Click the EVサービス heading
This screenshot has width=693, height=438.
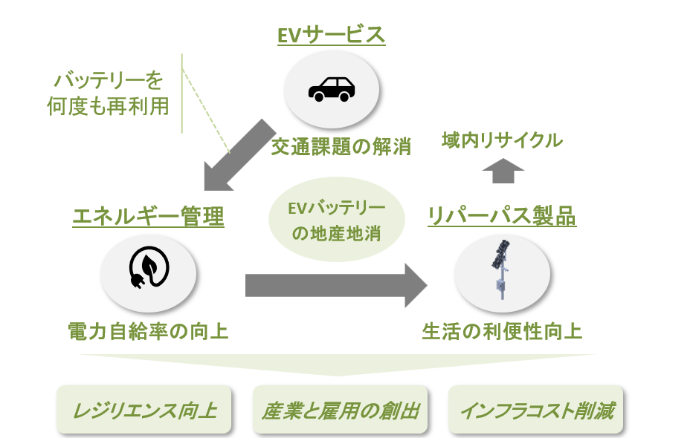331,35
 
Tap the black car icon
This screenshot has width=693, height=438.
332,89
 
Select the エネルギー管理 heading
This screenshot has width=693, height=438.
149,217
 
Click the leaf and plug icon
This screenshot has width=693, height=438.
149,267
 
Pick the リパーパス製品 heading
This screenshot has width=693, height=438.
502,216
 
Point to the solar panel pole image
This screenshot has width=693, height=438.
501,269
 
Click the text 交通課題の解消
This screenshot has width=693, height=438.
341,146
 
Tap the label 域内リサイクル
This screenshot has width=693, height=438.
503,140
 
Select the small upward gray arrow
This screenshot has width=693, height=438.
503,171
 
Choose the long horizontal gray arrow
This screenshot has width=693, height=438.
336,285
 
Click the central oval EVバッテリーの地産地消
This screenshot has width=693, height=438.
337,219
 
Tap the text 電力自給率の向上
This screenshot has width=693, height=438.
148,331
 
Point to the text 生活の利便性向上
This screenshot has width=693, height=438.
502,331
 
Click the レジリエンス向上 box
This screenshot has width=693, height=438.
144,410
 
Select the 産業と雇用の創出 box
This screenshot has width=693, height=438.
341,410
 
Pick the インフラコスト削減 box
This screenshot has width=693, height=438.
535,410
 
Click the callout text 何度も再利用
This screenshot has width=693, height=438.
109,106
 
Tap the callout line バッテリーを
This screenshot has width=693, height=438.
109,80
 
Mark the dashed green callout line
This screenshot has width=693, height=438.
207,111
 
